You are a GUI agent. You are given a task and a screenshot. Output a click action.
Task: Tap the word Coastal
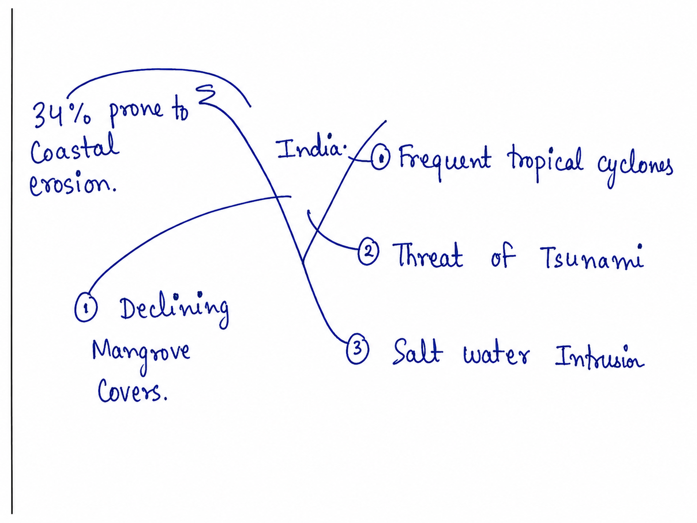pyautogui.click(x=75, y=149)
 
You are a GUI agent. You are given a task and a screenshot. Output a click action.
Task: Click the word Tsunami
pyautogui.click(x=591, y=257)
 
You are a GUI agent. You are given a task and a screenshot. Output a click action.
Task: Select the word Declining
pyautogui.click(x=174, y=310)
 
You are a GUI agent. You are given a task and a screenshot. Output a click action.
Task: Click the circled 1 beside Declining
pyautogui.click(x=86, y=308)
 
